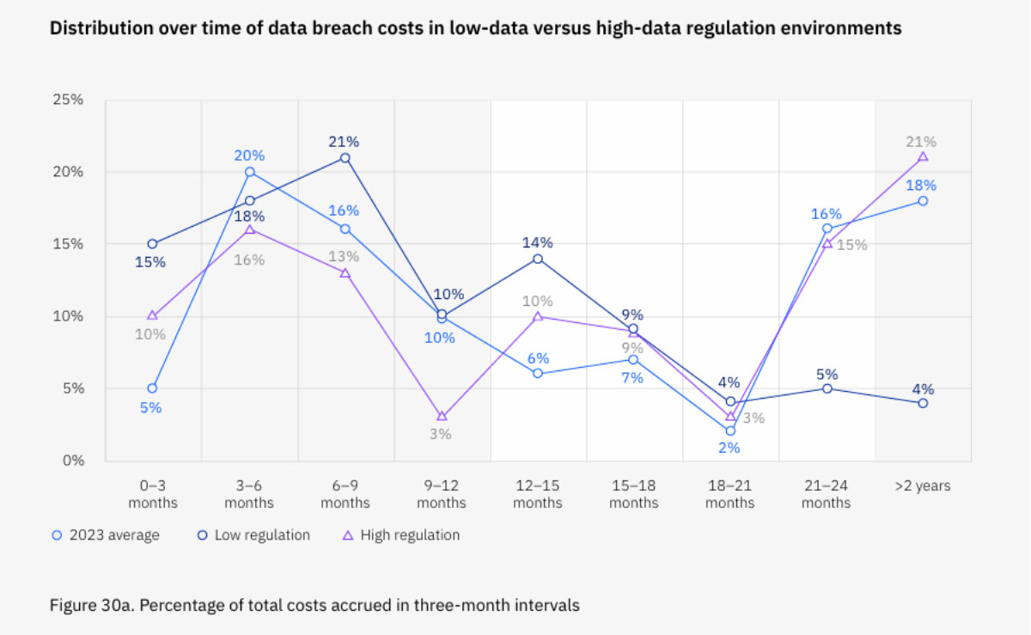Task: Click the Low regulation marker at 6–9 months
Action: [x=345, y=158]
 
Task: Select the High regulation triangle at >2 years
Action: [x=923, y=156]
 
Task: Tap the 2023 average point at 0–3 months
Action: [x=152, y=388]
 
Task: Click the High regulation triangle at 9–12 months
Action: [x=442, y=417]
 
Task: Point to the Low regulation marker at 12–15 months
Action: [x=538, y=259]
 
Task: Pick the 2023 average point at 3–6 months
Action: [x=249, y=172]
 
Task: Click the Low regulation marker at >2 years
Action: [x=923, y=403]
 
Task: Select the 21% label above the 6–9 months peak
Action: [x=343, y=142]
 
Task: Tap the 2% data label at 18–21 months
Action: [x=729, y=448]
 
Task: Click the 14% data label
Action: [x=538, y=242]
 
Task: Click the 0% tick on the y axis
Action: [x=72, y=461]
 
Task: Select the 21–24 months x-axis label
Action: [x=826, y=494]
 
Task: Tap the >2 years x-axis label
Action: [x=922, y=486]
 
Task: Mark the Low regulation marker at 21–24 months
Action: [x=827, y=388]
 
